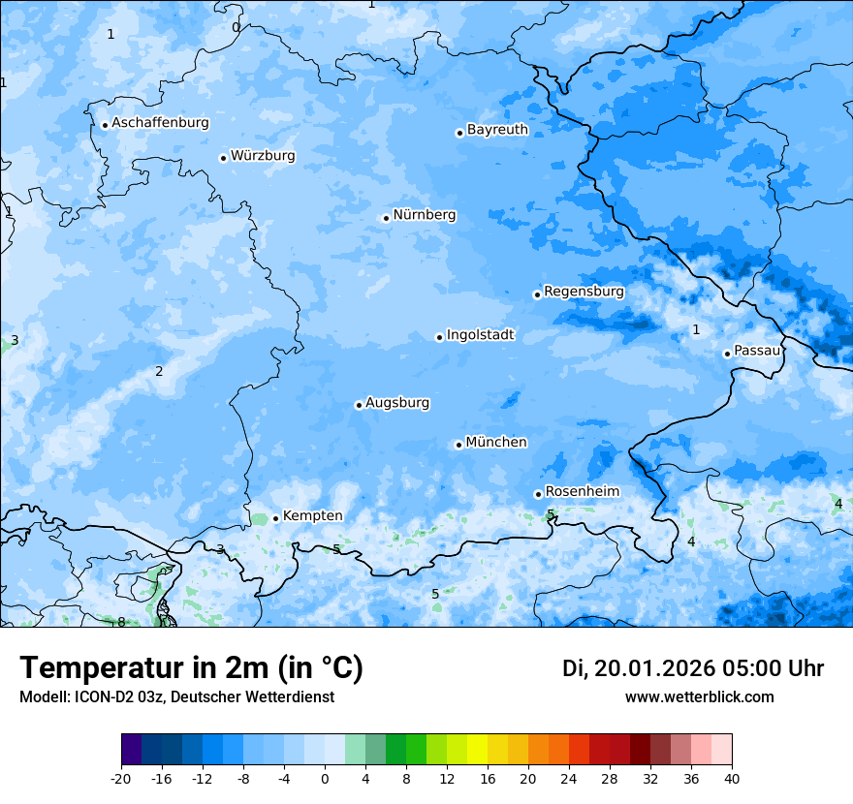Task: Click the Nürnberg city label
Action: click(424, 215)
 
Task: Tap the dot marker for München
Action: click(458, 445)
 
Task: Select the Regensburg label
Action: click(584, 291)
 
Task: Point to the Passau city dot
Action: click(727, 354)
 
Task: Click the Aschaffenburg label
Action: click(160, 123)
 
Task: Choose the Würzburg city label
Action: click(263, 156)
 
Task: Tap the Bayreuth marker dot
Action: click(459, 133)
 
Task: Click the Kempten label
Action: click(312, 515)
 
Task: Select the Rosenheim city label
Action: click(582, 491)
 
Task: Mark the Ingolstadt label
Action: click(480, 335)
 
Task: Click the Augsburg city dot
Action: click(359, 405)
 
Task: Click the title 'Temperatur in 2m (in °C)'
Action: click(191, 668)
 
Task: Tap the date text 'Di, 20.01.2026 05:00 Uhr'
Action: click(692, 668)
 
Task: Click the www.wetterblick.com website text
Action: click(699, 697)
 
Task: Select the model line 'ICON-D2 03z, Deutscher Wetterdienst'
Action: click(176, 697)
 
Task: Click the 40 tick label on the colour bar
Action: click(731, 778)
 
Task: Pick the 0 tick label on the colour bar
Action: click(325, 778)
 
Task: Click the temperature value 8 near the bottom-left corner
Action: click(121, 622)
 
